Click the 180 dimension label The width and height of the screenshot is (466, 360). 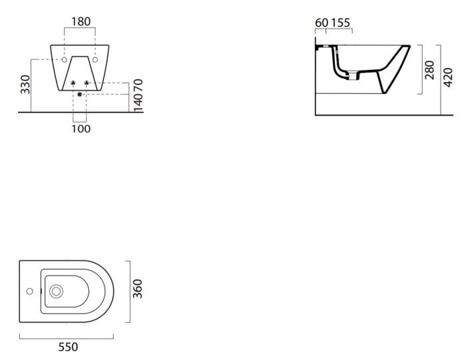(x=81, y=21)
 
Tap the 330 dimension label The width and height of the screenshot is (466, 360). (x=25, y=85)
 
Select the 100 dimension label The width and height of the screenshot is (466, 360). (x=81, y=129)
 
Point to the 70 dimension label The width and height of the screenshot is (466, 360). (x=138, y=85)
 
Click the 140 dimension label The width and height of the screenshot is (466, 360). (x=138, y=103)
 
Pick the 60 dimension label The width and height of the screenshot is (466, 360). (x=322, y=23)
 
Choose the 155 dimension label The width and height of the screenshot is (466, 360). (x=341, y=23)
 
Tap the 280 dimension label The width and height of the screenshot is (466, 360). (x=430, y=70)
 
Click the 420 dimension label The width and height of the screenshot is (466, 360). (x=448, y=78)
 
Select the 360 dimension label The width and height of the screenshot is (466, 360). (x=138, y=289)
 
